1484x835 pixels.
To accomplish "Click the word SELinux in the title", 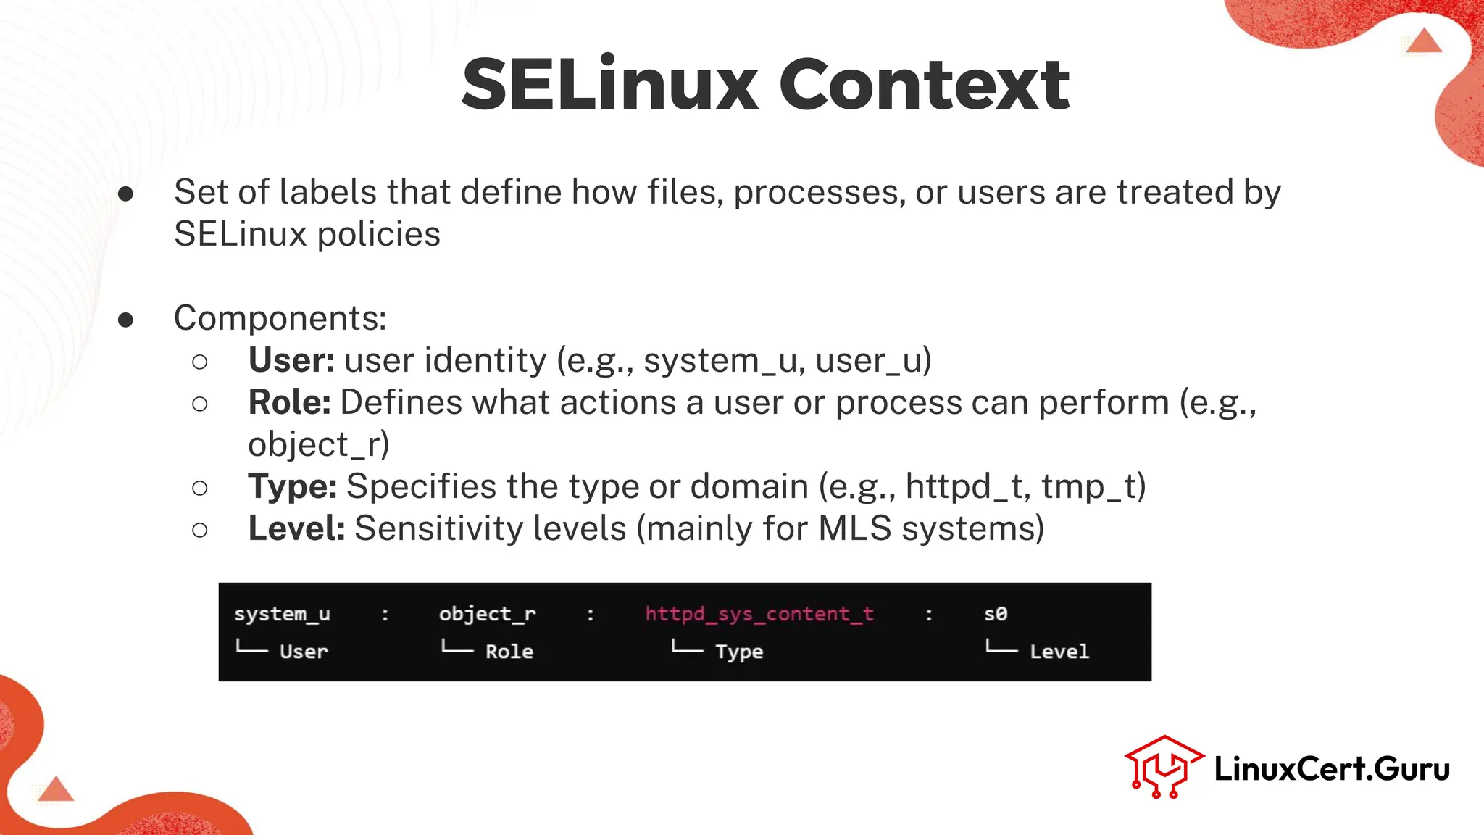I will pyautogui.click(x=609, y=85).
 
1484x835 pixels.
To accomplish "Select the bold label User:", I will pyautogui.click(x=291, y=360).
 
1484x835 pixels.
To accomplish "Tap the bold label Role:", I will pyautogui.click(x=289, y=402).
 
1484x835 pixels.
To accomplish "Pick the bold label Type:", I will pyautogui.click(x=292, y=486).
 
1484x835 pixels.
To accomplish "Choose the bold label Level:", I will pyautogui.click(x=296, y=528).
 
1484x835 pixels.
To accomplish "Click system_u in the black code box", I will pyautogui.click(x=282, y=614).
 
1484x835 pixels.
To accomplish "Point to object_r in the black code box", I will pyautogui.click(x=487, y=614).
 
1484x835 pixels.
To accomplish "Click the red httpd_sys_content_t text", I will pyautogui.click(x=759, y=614).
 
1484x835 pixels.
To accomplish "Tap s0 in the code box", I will pyautogui.click(x=996, y=614).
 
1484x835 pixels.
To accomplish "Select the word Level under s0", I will pyautogui.click(x=1059, y=652).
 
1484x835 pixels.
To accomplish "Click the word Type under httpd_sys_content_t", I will pyautogui.click(x=739, y=652).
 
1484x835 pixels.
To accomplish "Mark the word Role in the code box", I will pyautogui.click(x=509, y=652).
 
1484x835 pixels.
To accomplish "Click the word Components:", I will pyautogui.click(x=280, y=318).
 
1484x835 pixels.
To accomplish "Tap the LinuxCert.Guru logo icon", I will pyautogui.click(x=1163, y=767).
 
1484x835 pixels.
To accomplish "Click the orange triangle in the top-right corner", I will pyautogui.click(x=1424, y=41).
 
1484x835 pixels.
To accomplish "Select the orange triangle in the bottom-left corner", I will pyautogui.click(x=56, y=789).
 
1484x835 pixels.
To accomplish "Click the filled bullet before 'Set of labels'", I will pyautogui.click(x=126, y=194).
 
